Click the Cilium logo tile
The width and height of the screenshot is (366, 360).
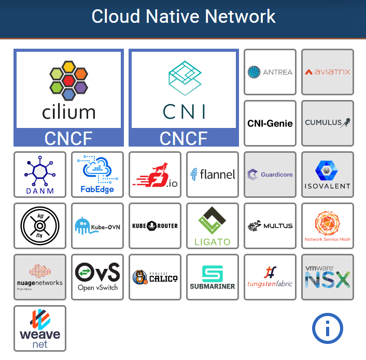(68, 97)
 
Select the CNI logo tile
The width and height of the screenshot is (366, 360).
(184, 97)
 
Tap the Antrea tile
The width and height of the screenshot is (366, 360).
(270, 72)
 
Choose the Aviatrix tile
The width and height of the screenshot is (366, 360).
(328, 72)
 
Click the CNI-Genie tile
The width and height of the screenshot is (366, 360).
(270, 123)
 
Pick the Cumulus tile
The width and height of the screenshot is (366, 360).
(328, 123)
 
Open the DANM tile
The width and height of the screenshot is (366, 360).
(40, 175)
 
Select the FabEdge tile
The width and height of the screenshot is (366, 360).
(97, 175)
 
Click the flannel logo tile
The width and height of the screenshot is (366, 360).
(213, 175)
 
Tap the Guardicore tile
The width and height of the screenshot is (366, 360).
(270, 175)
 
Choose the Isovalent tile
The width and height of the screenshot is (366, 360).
(328, 175)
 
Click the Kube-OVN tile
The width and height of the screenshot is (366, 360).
(97, 226)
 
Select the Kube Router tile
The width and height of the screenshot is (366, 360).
(155, 226)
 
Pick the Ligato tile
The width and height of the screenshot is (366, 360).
(213, 226)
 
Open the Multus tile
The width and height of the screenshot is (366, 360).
(270, 226)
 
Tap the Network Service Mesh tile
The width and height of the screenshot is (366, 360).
(328, 226)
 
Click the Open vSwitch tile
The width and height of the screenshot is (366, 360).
(97, 277)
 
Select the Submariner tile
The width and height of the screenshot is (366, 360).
(213, 277)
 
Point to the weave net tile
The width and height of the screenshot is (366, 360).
(40, 328)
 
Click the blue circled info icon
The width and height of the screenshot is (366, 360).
(328, 328)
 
